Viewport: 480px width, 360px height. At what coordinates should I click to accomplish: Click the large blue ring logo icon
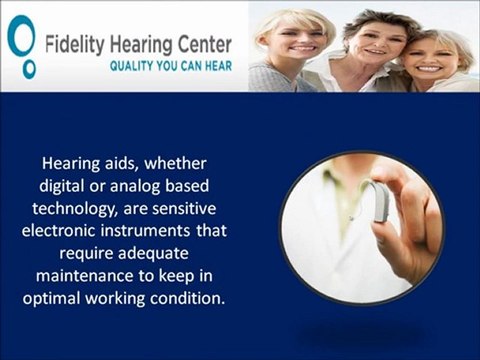[18, 37]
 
